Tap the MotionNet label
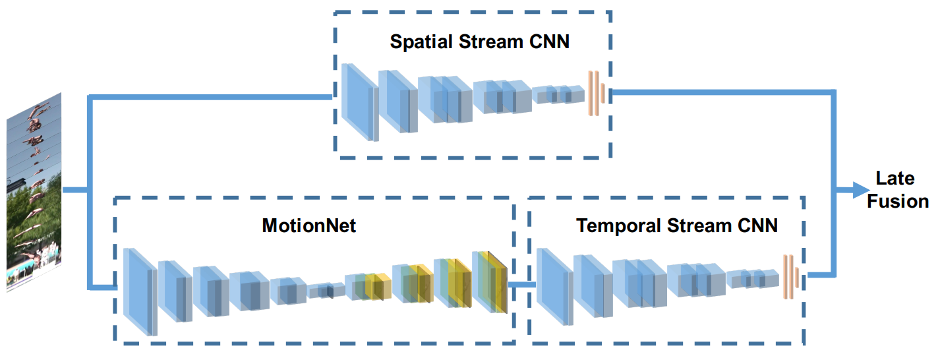[x=308, y=226]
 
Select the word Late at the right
[x=895, y=178]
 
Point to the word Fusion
[x=897, y=201]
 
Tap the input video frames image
[x=34, y=191]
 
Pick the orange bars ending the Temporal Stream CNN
[x=789, y=276]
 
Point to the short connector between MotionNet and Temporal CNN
[x=521, y=284]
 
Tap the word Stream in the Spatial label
[x=483, y=42]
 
